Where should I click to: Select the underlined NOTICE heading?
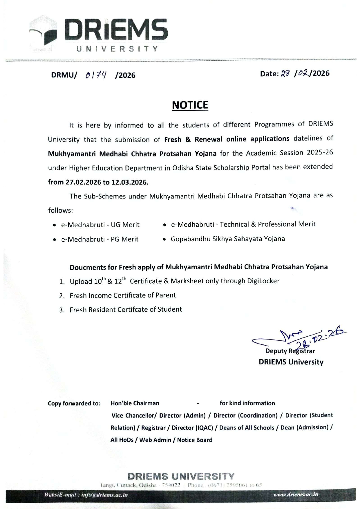click(x=190, y=105)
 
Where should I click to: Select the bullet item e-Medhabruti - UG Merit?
click(x=100, y=225)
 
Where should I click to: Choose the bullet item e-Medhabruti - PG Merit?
click(x=100, y=239)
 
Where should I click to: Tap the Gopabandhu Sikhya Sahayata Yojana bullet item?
click(x=228, y=239)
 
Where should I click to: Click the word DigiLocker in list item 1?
click(x=263, y=281)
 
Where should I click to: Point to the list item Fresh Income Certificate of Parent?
click(x=123, y=295)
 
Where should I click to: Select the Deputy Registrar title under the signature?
click(x=290, y=351)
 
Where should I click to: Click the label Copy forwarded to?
click(x=74, y=403)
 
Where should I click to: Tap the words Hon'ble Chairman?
click(x=135, y=403)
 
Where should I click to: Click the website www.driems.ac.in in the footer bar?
click(x=296, y=494)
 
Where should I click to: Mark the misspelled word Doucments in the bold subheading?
click(x=88, y=267)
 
